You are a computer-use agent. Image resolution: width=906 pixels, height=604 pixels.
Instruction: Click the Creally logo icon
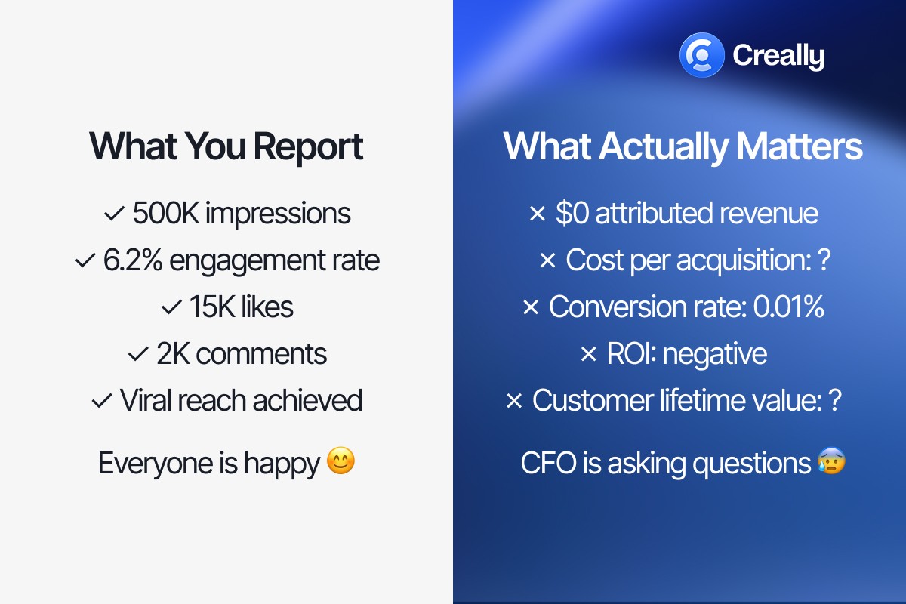tap(702, 55)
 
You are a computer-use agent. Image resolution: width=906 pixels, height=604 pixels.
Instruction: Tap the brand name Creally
tap(778, 56)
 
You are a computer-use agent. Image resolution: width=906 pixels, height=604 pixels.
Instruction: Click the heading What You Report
tap(226, 146)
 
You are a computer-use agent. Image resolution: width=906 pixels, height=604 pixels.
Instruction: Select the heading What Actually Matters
tap(683, 146)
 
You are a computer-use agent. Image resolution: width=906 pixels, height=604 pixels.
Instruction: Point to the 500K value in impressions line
tap(166, 214)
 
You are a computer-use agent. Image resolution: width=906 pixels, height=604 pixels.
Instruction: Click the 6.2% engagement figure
tap(134, 260)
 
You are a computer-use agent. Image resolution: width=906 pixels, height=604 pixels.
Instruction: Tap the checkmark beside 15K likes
tap(171, 308)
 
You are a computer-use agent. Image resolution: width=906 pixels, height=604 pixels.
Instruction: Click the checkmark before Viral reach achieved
tap(101, 401)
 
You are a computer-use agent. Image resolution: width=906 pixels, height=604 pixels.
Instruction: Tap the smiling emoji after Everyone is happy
tap(341, 461)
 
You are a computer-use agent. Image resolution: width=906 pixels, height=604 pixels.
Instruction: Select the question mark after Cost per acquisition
tap(824, 260)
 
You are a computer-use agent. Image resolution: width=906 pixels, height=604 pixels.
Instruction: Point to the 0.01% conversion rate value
tap(788, 307)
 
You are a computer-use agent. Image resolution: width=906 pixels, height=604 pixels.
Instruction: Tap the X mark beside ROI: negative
tap(588, 355)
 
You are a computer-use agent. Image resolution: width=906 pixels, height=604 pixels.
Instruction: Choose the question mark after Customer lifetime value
tap(834, 401)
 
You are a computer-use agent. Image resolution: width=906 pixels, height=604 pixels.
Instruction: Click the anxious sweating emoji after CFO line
tap(831, 461)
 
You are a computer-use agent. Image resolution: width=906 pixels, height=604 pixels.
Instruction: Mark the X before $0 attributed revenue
tap(537, 214)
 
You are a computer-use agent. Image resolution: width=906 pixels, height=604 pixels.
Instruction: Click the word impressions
tap(278, 214)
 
